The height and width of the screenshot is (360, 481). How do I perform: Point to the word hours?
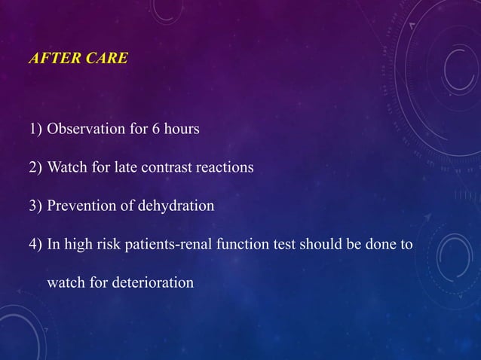click(181, 129)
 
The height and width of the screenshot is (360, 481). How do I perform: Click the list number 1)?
click(35, 129)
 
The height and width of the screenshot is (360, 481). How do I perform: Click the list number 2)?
click(35, 167)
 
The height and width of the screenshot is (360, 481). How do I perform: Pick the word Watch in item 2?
click(66, 167)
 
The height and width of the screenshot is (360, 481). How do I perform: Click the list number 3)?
click(35, 206)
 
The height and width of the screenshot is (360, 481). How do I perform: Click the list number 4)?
click(35, 245)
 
